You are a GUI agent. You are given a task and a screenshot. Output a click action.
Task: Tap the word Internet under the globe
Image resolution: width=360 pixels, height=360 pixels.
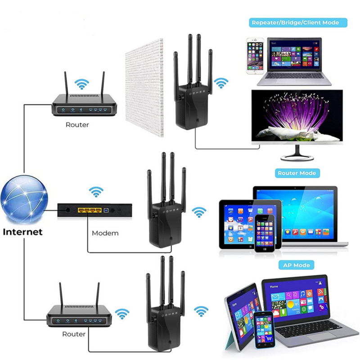point(22,232)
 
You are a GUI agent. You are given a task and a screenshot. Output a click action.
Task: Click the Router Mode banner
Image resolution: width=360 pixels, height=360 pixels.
point(297,173)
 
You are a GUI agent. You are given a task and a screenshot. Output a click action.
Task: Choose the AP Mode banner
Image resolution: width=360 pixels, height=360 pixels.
point(296,265)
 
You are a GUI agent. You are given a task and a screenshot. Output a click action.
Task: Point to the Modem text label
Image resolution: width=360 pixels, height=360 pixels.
point(105,233)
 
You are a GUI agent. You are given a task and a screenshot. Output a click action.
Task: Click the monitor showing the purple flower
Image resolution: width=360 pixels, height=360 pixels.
point(297,116)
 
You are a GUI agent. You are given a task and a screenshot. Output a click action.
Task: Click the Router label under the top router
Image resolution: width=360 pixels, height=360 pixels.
point(77,125)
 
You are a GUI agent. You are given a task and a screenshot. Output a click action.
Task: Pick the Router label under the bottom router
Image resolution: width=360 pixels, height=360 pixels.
point(74,334)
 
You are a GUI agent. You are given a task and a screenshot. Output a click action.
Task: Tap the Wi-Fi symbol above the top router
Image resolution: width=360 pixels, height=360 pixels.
point(82,83)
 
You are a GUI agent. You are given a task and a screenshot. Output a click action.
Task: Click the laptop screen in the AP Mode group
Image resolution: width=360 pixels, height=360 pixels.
point(294,299)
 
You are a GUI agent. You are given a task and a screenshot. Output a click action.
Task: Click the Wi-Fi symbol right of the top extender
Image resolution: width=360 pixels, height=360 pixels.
point(220,82)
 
